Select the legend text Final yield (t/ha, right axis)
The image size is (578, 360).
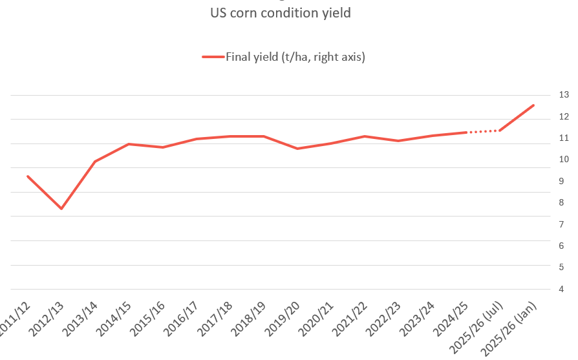pos(295,58)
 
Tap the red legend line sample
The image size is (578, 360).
pos(213,58)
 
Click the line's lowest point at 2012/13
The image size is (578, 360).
pos(61,208)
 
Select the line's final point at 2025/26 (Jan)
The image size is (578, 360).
pos(533,105)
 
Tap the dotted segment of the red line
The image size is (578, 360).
pos(483,131)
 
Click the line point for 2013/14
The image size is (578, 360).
pos(95,161)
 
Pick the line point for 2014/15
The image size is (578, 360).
pos(129,144)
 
